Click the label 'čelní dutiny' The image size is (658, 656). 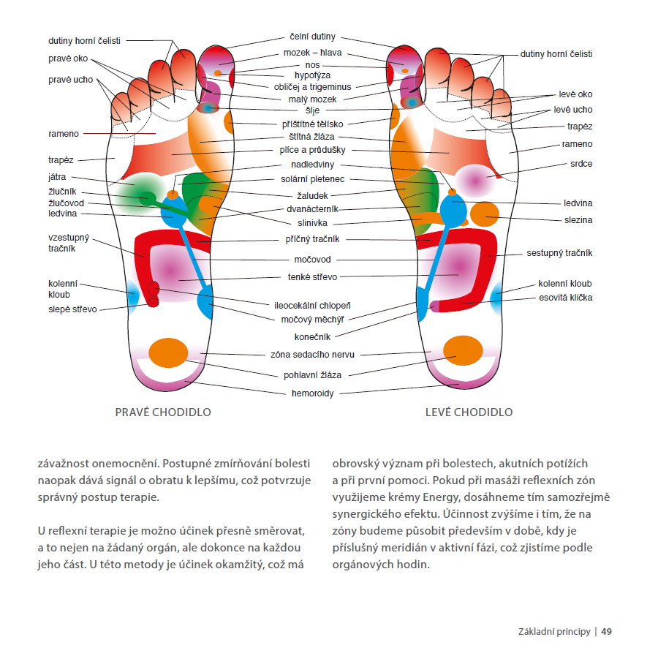point(313,37)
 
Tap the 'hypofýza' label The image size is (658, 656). point(312,75)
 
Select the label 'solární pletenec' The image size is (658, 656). point(313,179)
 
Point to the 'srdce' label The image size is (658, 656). point(581,164)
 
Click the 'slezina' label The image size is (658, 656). point(578,220)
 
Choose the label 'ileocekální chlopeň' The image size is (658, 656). point(312,306)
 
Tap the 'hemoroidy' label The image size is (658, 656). point(313,393)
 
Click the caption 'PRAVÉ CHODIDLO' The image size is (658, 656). point(163,412)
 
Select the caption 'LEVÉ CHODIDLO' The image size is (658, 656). point(469,412)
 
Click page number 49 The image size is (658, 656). point(606,632)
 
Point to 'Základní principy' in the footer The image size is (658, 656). point(554,632)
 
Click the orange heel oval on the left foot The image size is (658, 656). point(463,350)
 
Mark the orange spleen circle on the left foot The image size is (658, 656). point(484,214)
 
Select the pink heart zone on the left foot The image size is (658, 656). point(475,181)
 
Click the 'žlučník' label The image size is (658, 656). point(62,192)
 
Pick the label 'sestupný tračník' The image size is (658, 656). point(559,253)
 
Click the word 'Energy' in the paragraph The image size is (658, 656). point(441,497)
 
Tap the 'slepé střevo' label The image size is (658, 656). point(72,309)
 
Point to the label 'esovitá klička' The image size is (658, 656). point(566,298)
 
